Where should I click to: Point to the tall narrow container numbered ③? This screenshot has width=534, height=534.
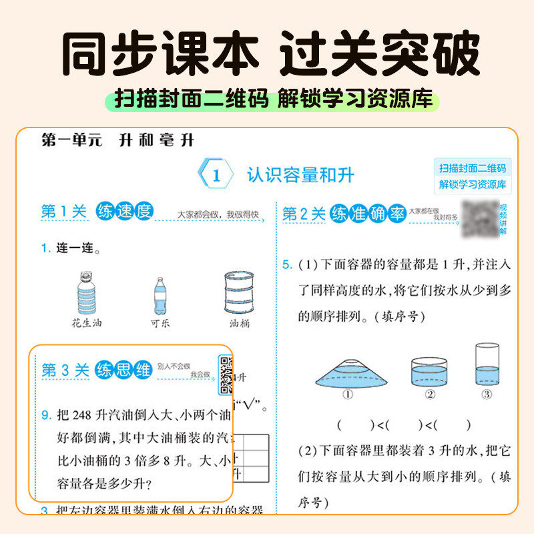pos(487,364)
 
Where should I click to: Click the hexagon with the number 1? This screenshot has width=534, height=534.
pos(216,176)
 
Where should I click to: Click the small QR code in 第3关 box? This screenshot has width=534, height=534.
pos(226,374)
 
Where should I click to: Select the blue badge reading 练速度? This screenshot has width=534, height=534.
pos(124,212)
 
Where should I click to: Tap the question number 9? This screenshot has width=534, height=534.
pos(45,415)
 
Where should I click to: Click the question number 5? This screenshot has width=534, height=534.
pos(287,265)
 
